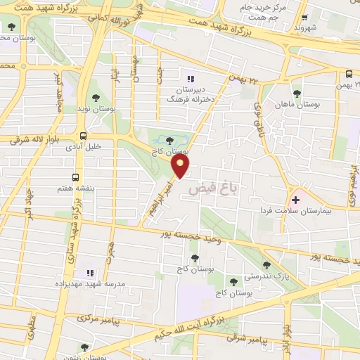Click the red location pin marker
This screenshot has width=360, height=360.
(x=181, y=167)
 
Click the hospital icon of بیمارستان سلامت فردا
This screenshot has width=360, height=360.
(x=296, y=200)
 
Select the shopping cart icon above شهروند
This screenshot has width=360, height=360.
(x=304, y=18)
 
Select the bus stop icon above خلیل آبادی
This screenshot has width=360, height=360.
(x=84, y=135)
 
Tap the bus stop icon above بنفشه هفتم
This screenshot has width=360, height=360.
(x=75, y=177)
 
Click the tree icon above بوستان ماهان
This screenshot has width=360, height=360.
(x=297, y=93)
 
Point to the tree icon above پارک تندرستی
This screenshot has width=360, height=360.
(x=266, y=265)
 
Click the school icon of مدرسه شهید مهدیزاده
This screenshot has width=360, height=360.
(x=89, y=272)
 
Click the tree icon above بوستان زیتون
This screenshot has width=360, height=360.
(x=84, y=347)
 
